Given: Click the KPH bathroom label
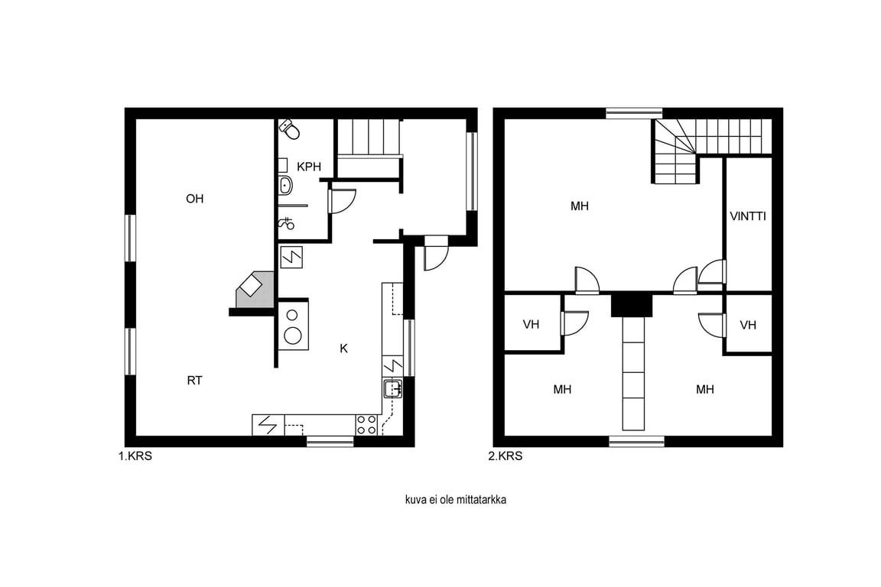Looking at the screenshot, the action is [x=309, y=167].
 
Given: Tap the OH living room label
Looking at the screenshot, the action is [x=194, y=199].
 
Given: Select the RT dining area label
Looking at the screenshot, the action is [x=194, y=381].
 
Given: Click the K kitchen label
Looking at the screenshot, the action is [x=344, y=349].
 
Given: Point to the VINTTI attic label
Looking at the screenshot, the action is [x=748, y=216].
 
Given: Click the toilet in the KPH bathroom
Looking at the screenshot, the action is [x=290, y=128].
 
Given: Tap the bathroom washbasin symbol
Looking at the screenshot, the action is [x=285, y=185].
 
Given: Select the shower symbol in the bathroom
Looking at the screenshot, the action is [x=287, y=224].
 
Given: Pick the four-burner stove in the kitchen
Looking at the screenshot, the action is [x=366, y=425].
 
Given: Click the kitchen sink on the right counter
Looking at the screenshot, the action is [x=393, y=389].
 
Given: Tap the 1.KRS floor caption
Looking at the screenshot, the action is [x=135, y=456].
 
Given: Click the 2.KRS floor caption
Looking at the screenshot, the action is [x=505, y=456].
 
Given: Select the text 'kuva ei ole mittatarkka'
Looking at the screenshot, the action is [x=456, y=500].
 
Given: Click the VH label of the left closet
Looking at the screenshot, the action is [x=531, y=325].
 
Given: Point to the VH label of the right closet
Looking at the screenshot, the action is [x=748, y=326].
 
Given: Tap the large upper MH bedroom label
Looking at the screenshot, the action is [x=579, y=206].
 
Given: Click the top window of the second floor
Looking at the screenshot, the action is [x=634, y=113].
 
